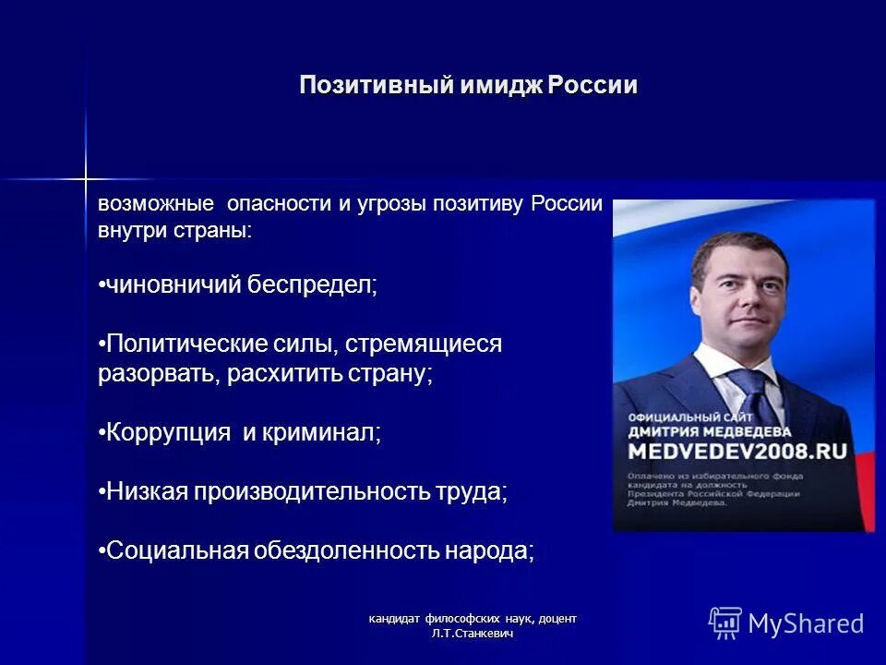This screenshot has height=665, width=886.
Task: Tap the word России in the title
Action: click(x=592, y=86)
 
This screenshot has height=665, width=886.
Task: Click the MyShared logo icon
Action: click(x=724, y=623)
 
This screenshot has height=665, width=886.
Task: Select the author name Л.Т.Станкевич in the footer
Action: click(x=473, y=633)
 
